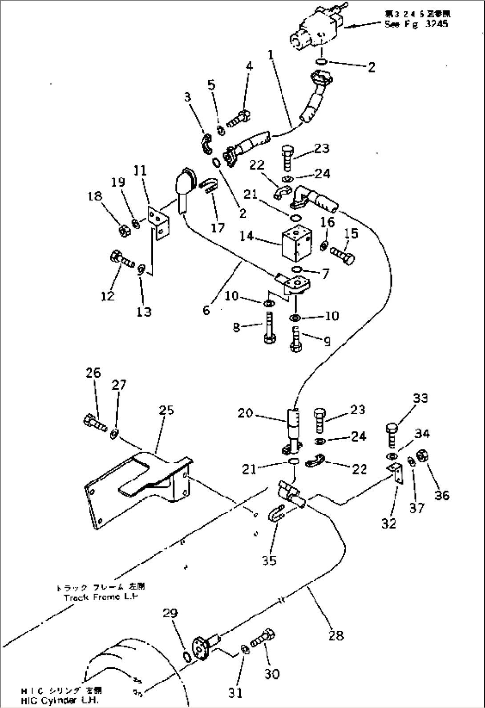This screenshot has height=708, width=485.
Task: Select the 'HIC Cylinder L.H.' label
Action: (x=61, y=700)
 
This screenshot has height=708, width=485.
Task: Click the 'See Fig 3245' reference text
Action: (x=416, y=24)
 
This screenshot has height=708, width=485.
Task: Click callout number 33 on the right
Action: (x=420, y=398)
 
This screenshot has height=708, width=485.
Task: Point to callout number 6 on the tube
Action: (x=206, y=309)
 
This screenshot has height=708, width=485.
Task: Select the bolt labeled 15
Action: (x=343, y=256)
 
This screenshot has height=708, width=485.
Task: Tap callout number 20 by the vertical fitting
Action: (x=245, y=413)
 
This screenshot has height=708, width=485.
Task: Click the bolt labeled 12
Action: (x=121, y=259)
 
